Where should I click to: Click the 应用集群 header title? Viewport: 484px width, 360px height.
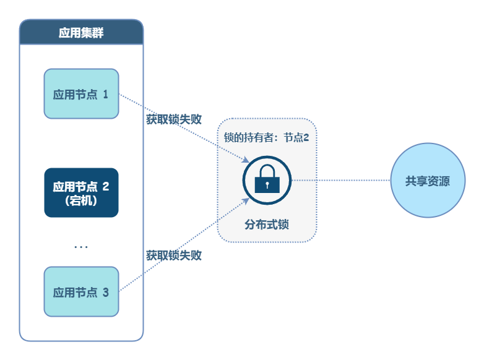tap(81, 33)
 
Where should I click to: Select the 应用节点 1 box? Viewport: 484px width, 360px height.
tap(81, 93)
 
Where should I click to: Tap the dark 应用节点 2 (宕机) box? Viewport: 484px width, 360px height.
tap(81, 192)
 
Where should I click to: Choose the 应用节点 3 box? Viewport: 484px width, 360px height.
tap(81, 291)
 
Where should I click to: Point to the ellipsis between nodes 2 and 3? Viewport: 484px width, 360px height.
tap(81, 246)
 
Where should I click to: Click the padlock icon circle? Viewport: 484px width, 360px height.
tap(267, 180)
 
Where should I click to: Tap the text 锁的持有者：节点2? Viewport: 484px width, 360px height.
tap(266, 137)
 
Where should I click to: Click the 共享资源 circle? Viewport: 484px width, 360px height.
tap(427, 181)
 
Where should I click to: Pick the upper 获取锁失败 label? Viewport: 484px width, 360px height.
tap(174, 119)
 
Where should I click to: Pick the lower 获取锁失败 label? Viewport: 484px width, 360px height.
tap(174, 255)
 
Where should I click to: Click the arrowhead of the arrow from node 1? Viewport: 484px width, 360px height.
tap(246, 164)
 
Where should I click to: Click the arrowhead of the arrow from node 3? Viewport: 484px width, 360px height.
tap(246, 200)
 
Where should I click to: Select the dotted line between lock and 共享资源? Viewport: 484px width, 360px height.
tap(340, 181)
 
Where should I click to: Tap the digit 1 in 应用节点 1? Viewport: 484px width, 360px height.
tap(105, 94)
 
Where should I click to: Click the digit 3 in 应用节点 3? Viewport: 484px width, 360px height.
tap(105, 292)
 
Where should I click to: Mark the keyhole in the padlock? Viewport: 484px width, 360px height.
tap(267, 184)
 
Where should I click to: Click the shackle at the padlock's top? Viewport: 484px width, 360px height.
tap(267, 171)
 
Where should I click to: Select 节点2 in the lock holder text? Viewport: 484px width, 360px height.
tap(296, 137)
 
